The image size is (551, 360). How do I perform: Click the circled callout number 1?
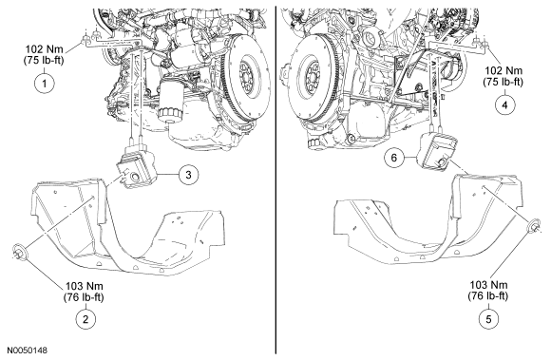45,84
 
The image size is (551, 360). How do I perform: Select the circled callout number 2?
85,319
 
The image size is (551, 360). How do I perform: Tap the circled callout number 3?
188,175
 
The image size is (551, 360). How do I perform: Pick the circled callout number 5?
489,319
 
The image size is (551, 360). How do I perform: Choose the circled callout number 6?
394,158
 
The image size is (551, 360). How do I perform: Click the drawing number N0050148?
27,351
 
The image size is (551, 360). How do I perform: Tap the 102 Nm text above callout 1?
45,48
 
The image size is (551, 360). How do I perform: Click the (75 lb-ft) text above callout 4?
503,82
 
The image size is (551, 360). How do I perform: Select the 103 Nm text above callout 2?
85,286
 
